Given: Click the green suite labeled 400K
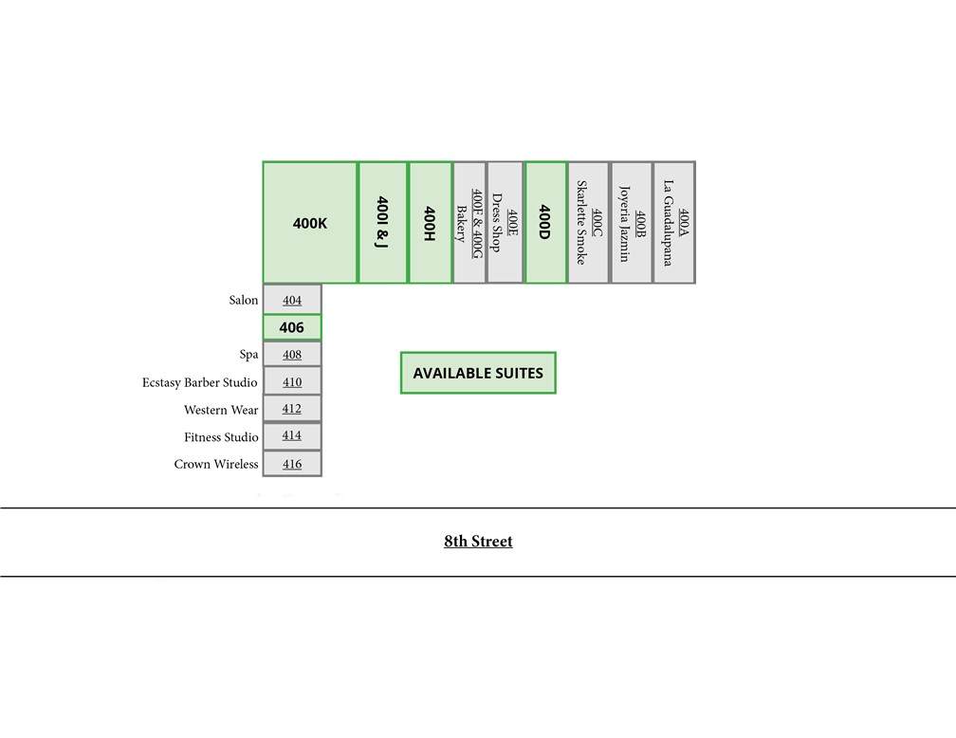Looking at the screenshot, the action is [x=310, y=223].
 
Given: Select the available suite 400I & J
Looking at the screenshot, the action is [x=382, y=223].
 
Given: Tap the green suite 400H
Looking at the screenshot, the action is [x=430, y=223].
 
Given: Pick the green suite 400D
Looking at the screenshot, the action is [x=545, y=223].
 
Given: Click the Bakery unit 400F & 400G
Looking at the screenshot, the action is [x=469, y=223].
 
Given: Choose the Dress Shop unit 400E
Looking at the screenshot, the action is [x=506, y=223].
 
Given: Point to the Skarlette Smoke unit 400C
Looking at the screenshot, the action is [x=589, y=223].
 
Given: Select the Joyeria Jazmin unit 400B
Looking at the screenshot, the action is [x=632, y=223].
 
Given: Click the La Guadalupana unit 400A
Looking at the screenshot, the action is [x=674, y=223].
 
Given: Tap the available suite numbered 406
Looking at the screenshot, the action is [x=292, y=327].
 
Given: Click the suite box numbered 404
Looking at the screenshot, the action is [x=292, y=300].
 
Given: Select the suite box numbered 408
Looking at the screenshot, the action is [x=292, y=355].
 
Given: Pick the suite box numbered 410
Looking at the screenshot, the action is [x=292, y=382].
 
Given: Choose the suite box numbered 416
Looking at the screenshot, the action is [x=292, y=464].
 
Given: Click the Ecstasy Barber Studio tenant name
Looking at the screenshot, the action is [x=200, y=382].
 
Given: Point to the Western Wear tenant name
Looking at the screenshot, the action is [x=221, y=410].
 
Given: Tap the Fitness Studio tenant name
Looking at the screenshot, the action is [x=221, y=436].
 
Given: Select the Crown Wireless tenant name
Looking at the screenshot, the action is [x=216, y=464].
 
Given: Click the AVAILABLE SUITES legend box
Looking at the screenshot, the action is [x=478, y=373].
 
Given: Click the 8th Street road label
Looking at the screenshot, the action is [x=478, y=541].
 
